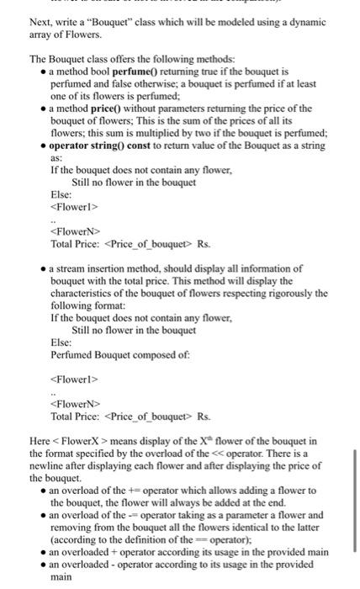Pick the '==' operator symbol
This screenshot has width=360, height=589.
click(201, 538)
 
